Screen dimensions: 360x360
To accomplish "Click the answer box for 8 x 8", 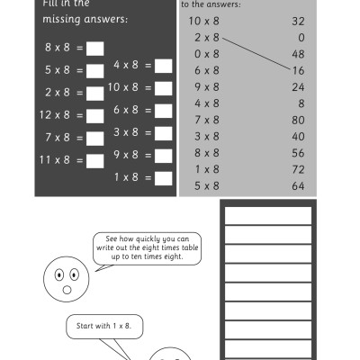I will click(x=95, y=48).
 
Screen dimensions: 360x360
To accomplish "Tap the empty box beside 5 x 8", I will click(x=95, y=69).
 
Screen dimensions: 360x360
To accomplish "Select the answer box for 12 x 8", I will click(x=95, y=115).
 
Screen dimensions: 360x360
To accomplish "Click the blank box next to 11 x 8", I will click(x=95, y=160).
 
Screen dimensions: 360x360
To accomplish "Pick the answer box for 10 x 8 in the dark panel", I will click(x=163, y=87).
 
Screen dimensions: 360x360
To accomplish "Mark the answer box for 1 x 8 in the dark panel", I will click(x=163, y=177).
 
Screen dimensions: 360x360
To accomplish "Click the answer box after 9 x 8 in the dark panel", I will click(x=163, y=155).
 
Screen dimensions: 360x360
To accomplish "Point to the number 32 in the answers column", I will click(x=299, y=20).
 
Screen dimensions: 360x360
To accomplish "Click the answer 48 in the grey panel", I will click(x=299, y=53).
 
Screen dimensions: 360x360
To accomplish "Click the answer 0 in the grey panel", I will click(x=301, y=37).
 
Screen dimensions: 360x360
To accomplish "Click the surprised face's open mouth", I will click(x=66, y=290).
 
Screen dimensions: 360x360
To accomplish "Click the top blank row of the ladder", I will click(x=266, y=216).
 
